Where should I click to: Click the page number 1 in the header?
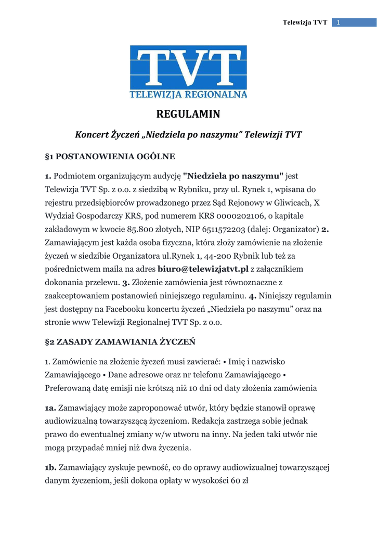coord(339,22)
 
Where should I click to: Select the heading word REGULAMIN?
coord(188,114)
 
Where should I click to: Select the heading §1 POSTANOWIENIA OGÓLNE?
coord(110,156)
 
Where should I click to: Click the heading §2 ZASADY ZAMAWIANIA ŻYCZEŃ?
coord(120,342)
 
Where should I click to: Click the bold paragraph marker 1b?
coord(51,468)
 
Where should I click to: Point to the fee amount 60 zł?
coord(239,481)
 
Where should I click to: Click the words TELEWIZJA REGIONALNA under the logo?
coord(188,94)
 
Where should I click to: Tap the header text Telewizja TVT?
coord(305,22)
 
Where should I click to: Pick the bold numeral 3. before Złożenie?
coord(126,283)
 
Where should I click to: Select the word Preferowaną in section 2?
coord(70,388)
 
